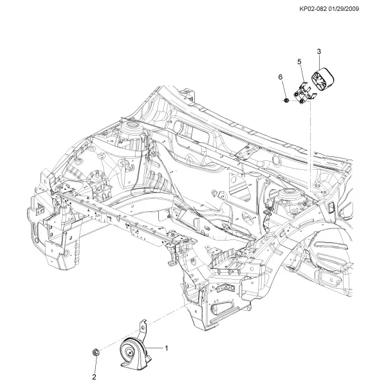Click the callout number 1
(x=167, y=348)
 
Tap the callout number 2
(x=94, y=376)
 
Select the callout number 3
(x=319, y=51)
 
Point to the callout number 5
(x=299, y=62)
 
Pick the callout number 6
(x=280, y=77)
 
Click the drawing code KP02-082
(x=313, y=9)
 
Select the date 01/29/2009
(x=344, y=9)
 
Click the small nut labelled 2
(x=95, y=352)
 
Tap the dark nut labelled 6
(x=286, y=100)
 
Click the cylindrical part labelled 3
(x=323, y=78)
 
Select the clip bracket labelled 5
(x=304, y=93)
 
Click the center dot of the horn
(x=130, y=353)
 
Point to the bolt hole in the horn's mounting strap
(x=142, y=327)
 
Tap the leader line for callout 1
(x=155, y=348)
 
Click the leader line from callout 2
(x=95, y=365)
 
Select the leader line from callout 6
(x=283, y=89)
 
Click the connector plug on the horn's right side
(x=147, y=356)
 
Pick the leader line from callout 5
(x=302, y=74)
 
